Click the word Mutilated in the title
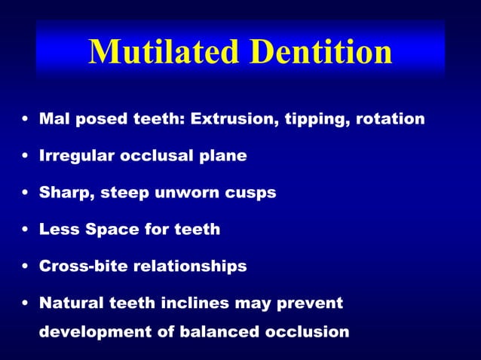point(162,52)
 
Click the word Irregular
point(73,156)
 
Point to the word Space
point(101,230)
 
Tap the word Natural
point(70,304)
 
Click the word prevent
point(310,304)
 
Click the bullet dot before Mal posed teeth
point(26,120)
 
